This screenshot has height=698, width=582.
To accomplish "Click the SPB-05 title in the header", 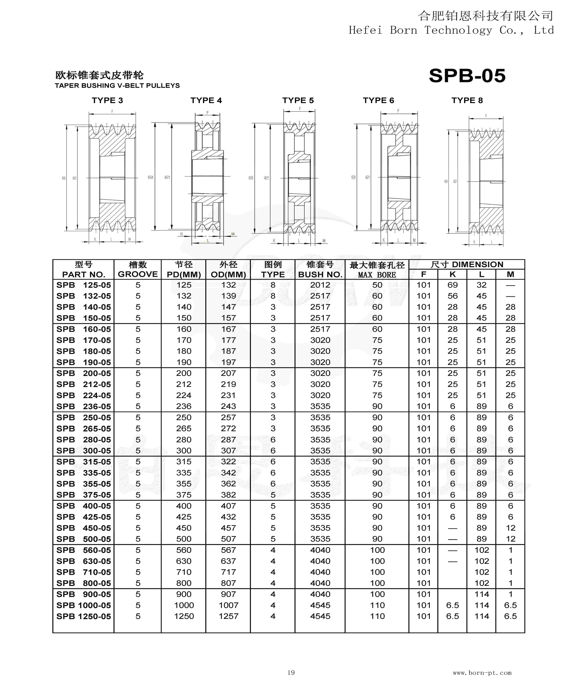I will click(467, 76).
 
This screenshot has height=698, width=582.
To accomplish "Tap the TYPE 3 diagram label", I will click(107, 100).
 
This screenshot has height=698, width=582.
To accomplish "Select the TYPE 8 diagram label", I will click(467, 100).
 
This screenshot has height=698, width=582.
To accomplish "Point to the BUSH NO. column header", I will click(320, 275).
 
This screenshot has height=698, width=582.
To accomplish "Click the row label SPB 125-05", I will click(83, 285).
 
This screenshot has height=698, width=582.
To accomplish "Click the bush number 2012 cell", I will click(320, 285).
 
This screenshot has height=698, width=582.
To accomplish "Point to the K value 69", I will click(452, 285).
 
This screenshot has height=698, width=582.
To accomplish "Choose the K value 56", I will click(452, 296).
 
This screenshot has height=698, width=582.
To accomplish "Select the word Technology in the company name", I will click(458, 30).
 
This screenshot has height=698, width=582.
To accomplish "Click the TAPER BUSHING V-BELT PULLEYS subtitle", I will click(117, 86).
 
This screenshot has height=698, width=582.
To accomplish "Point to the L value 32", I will click(481, 285).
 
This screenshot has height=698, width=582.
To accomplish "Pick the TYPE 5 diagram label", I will click(298, 100).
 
